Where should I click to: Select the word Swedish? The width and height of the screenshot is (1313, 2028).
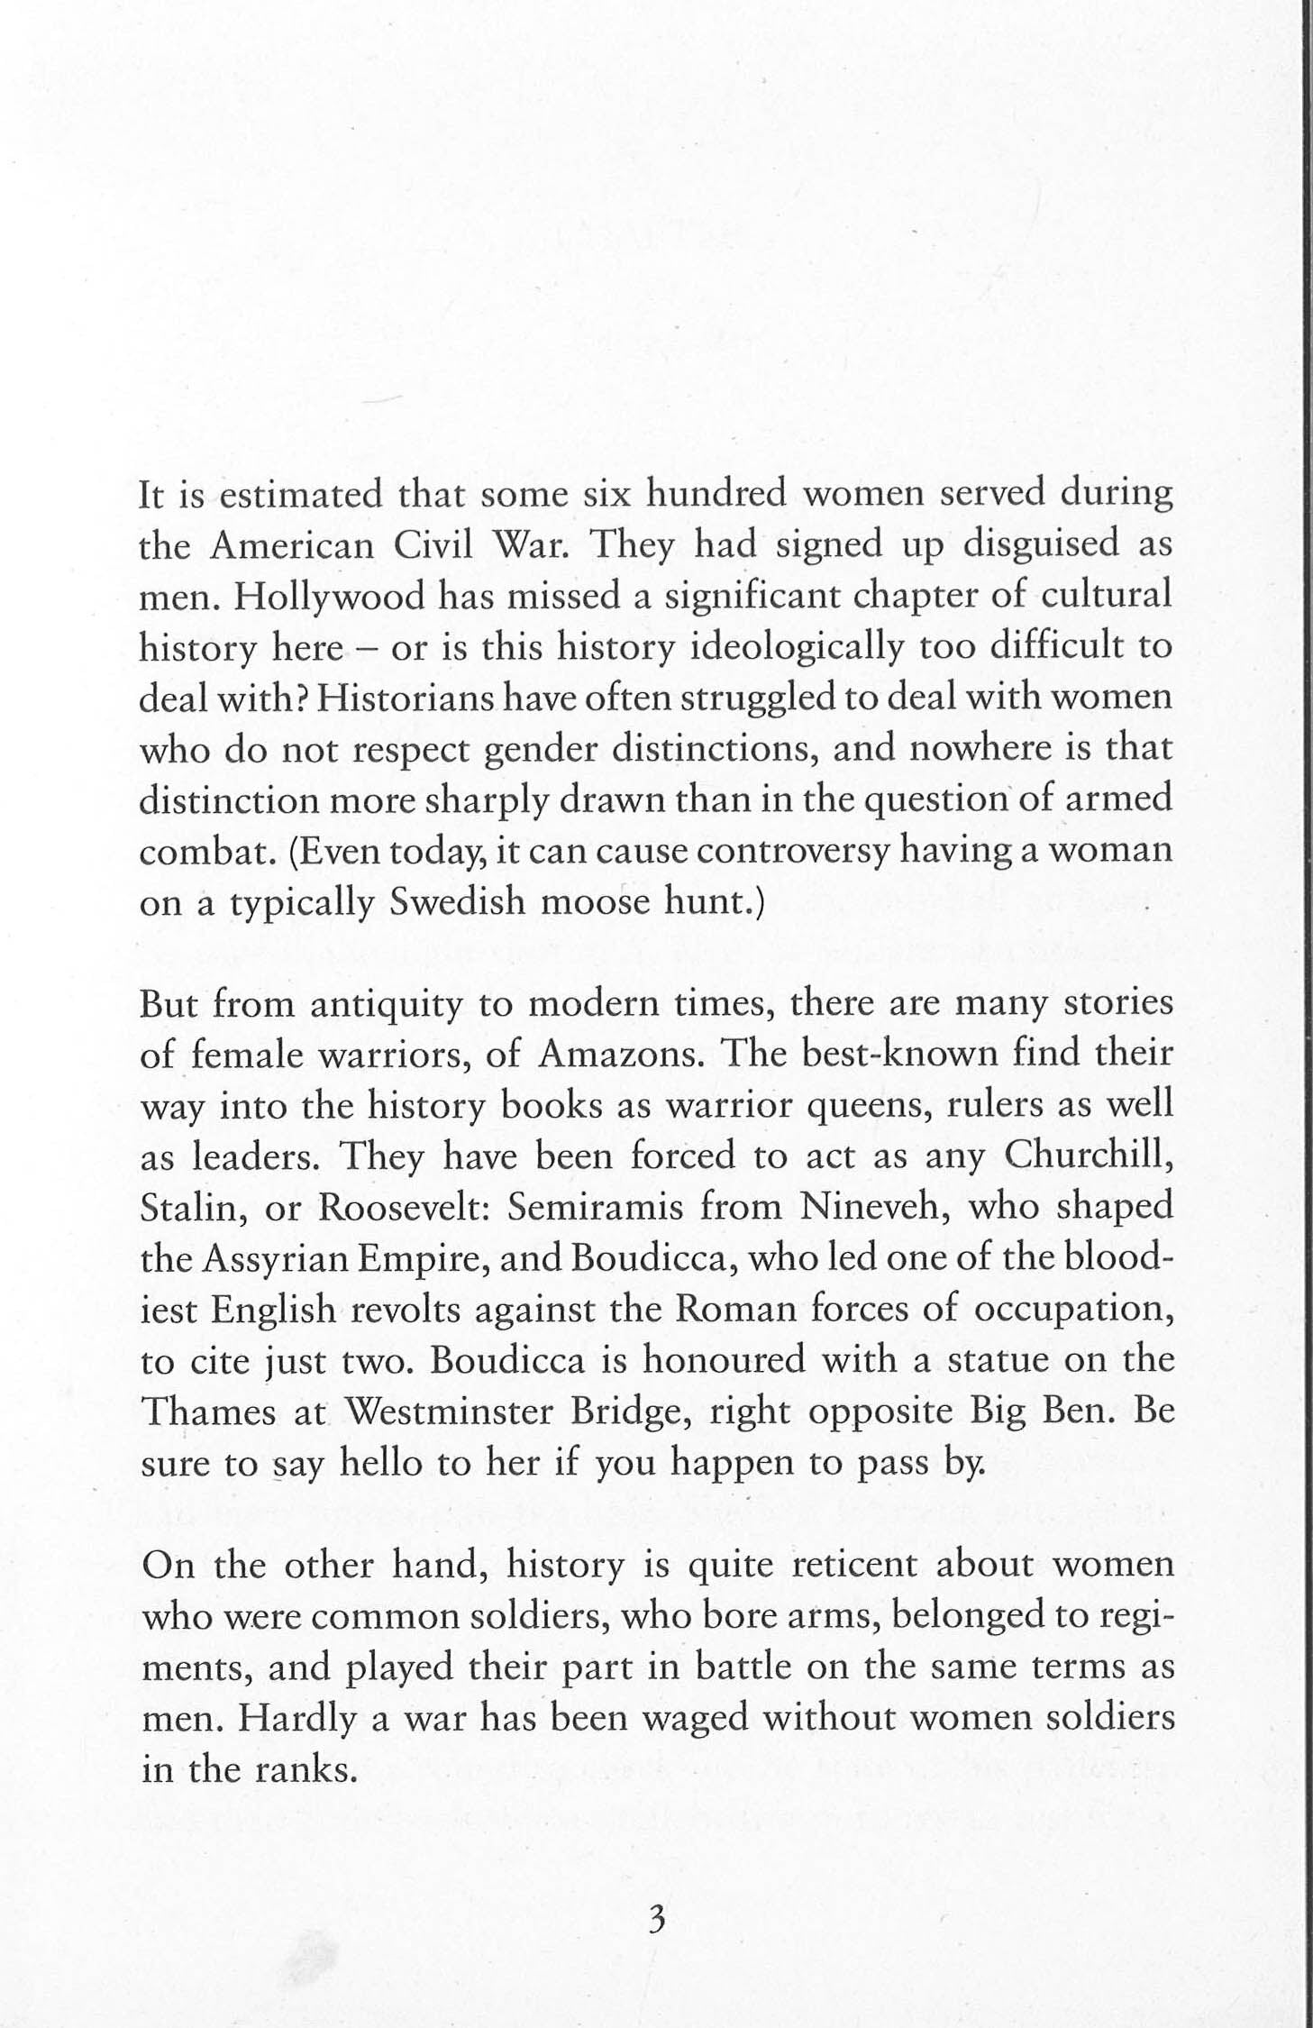click(x=458, y=903)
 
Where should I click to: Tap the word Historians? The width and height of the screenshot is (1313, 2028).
click(x=402, y=700)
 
